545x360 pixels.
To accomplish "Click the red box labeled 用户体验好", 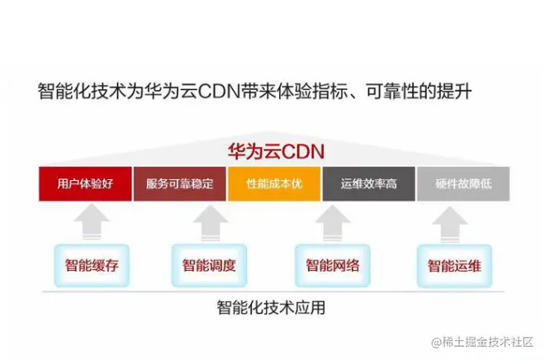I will (x=85, y=183).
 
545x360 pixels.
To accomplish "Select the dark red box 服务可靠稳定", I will (x=179, y=183).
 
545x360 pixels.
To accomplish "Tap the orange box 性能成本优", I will (x=274, y=183).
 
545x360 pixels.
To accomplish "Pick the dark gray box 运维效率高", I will (x=368, y=183).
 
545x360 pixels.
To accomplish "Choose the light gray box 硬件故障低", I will (x=462, y=183).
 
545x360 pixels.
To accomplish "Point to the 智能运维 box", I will (x=453, y=266).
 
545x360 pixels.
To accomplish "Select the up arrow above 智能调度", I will (x=209, y=223).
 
